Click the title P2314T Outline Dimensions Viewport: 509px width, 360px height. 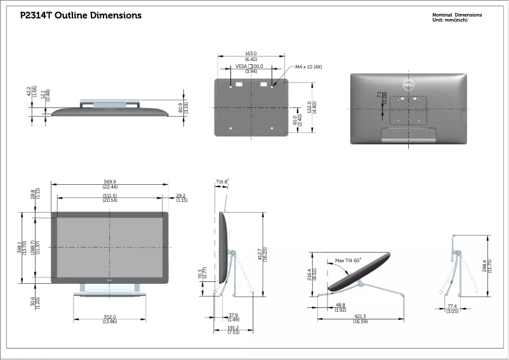point(81,15)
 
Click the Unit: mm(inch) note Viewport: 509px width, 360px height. point(450,20)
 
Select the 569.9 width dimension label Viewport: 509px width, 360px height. point(110,182)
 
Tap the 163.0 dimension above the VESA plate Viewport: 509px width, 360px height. point(251,53)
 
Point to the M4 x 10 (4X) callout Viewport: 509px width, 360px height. point(308,67)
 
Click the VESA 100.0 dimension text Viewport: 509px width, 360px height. point(249,66)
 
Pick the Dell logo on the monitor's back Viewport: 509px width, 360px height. point(408,85)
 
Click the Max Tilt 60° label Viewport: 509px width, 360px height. point(348,260)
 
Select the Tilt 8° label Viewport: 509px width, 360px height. point(222,182)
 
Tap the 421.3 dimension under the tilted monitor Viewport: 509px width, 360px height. point(360,316)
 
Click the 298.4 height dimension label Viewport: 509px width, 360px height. point(485,266)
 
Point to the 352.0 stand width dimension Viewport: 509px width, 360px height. point(110,317)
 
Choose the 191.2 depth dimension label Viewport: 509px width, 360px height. point(233,328)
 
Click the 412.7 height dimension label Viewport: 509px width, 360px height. point(260,254)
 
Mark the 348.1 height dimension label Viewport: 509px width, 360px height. point(20,248)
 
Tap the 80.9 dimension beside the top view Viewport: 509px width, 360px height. point(180,108)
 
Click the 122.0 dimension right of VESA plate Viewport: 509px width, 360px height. point(309,107)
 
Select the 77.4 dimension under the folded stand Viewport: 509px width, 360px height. point(452,306)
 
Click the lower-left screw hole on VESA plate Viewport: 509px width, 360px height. point(231,128)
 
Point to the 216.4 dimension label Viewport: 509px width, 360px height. point(309,274)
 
